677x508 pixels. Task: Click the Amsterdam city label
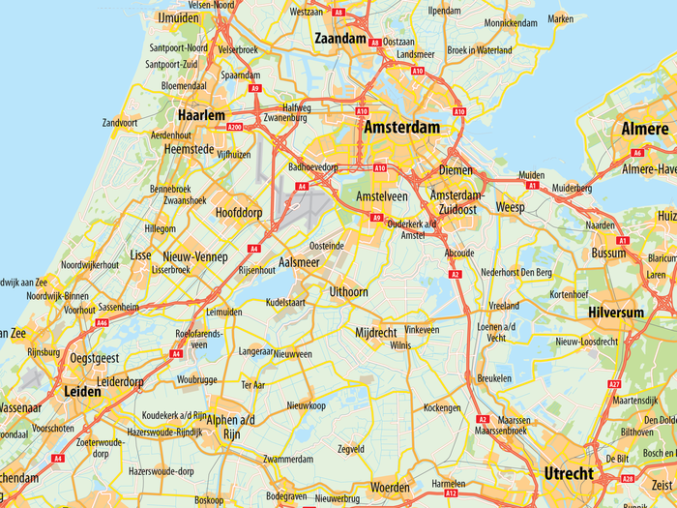(x=401, y=128)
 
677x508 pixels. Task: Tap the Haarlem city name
(x=201, y=114)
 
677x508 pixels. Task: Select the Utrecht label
(x=568, y=473)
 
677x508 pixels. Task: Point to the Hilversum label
(x=616, y=313)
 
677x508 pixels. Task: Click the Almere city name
(x=644, y=130)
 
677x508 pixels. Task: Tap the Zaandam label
(x=340, y=39)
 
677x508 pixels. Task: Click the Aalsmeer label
(x=299, y=262)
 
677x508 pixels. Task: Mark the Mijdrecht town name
(x=376, y=332)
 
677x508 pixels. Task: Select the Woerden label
(x=391, y=486)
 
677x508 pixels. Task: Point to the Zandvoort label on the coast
(x=120, y=123)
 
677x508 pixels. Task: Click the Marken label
(x=560, y=18)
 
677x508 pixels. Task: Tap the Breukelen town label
(x=494, y=378)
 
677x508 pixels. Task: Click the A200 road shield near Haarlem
(x=233, y=127)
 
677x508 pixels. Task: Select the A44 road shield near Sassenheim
(x=103, y=322)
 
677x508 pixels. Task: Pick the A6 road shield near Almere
(x=636, y=152)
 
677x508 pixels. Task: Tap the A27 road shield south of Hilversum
(x=614, y=384)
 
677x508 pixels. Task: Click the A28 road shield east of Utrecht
(x=627, y=478)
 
